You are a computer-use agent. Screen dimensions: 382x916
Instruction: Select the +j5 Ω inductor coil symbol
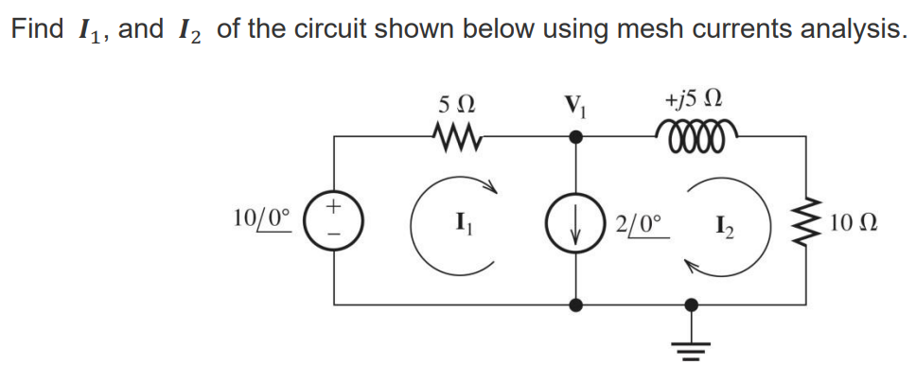pos(697,135)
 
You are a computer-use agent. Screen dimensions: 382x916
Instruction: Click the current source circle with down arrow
pos(576,224)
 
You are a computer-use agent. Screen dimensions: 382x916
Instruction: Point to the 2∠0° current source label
pos(641,226)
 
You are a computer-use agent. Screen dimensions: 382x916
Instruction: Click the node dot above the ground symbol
pos(693,304)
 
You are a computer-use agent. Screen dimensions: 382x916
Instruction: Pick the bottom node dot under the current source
pos(576,304)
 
